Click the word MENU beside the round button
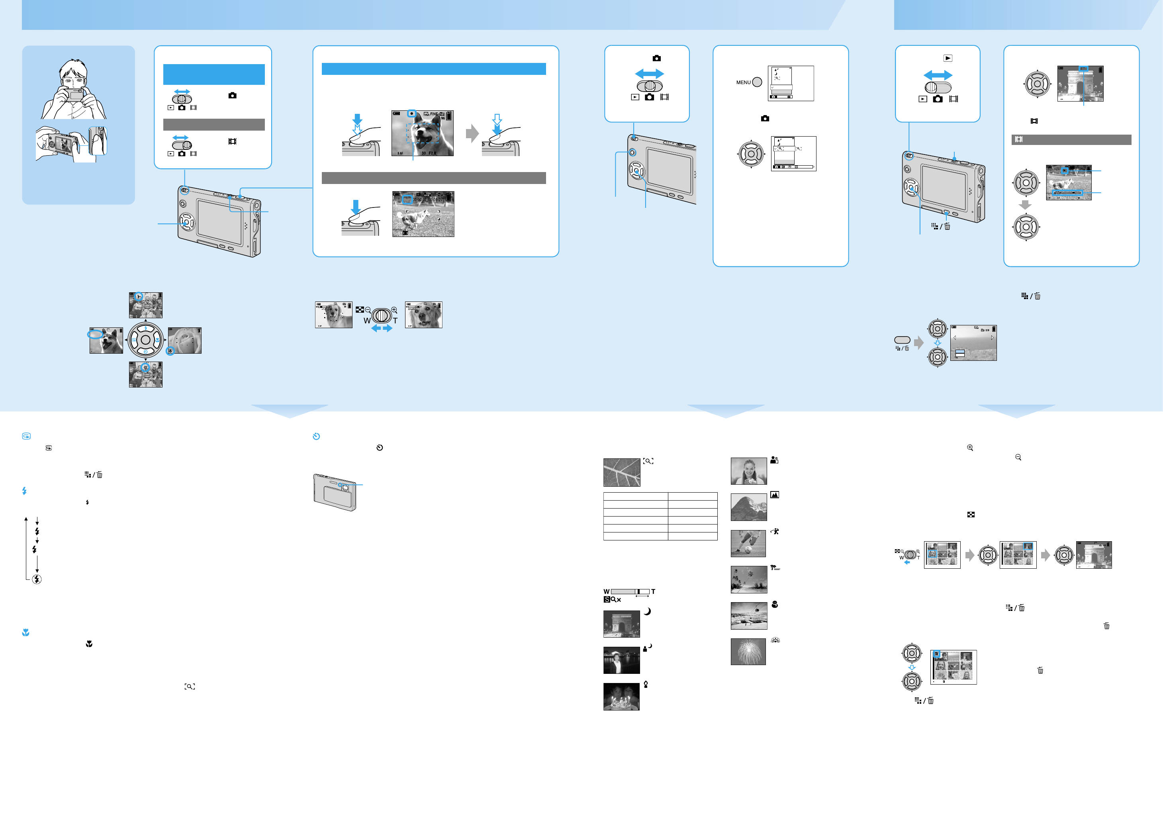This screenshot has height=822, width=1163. point(743,82)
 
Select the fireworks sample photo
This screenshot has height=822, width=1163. point(748,651)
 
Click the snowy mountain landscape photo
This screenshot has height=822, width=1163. point(748,507)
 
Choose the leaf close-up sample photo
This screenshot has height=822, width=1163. point(621,472)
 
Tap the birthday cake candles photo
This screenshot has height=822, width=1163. point(621,697)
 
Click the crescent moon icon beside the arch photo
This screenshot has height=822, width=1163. point(647,611)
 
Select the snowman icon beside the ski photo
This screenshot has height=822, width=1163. point(775,604)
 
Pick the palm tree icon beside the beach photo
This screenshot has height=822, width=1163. point(775,568)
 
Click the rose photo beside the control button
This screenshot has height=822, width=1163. point(185,341)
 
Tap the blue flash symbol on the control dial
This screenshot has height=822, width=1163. point(146,329)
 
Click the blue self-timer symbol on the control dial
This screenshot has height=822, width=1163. point(146,352)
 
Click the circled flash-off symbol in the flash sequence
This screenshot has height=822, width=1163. point(37,579)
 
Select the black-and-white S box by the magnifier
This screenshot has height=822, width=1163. point(606,600)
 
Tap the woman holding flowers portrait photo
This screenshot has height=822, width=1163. point(748,471)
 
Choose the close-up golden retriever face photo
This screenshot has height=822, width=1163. point(423,315)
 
